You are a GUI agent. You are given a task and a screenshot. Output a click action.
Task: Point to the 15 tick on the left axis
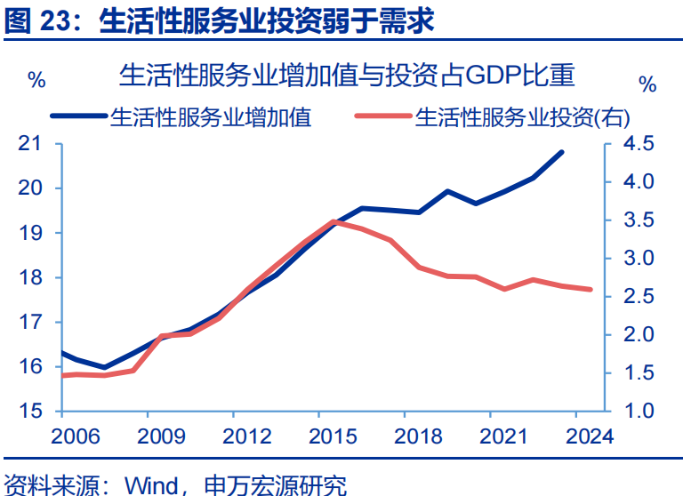point(29,412)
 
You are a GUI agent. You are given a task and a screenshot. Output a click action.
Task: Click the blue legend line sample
point(78,116)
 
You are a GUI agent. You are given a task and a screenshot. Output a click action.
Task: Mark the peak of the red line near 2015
point(333,221)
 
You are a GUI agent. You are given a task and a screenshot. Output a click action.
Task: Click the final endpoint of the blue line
point(562,152)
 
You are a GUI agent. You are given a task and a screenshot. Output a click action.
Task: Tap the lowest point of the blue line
point(104,367)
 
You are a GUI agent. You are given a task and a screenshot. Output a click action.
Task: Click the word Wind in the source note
point(154,484)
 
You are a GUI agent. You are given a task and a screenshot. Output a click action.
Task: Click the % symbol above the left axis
point(36,80)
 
